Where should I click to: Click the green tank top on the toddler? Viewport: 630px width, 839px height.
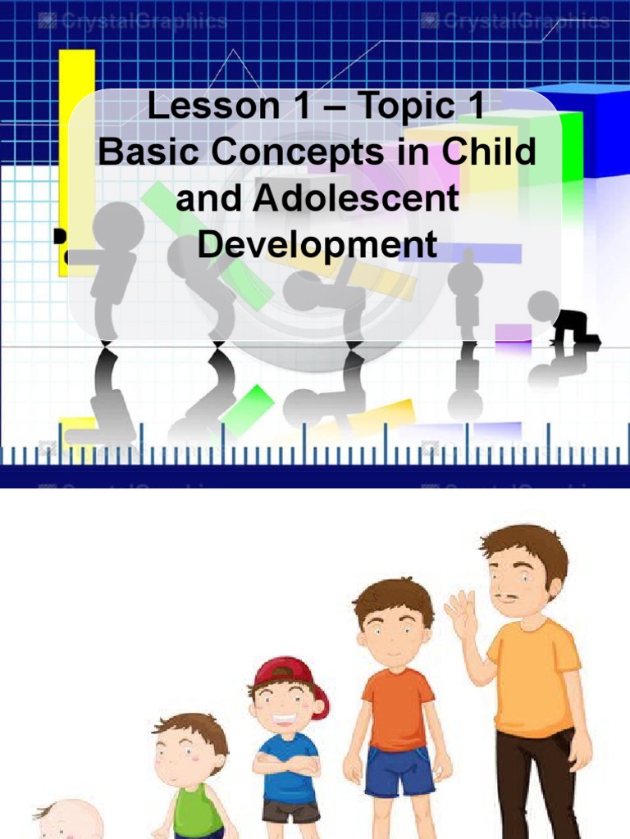pos(196,810)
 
